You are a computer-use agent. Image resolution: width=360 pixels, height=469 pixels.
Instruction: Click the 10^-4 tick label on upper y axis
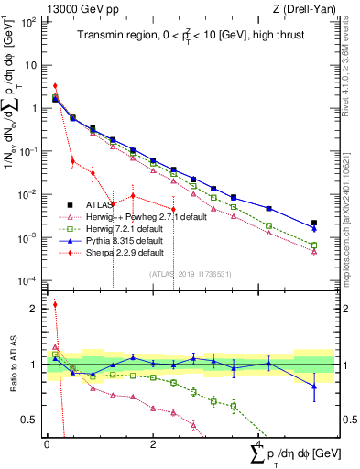(x=29, y=280)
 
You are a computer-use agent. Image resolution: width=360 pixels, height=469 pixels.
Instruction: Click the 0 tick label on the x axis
(x=48, y=443)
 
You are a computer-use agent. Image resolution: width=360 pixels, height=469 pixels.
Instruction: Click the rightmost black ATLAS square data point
(x=314, y=223)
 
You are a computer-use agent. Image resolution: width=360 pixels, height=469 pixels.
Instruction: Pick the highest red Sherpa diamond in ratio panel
(x=54, y=305)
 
